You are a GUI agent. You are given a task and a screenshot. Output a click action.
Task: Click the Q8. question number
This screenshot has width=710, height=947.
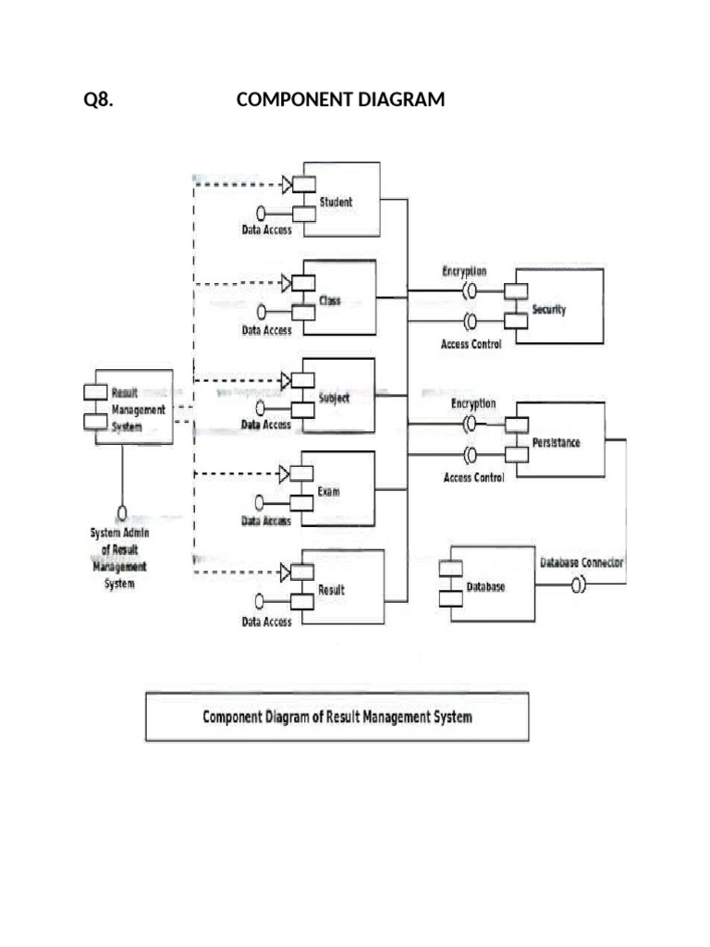99,100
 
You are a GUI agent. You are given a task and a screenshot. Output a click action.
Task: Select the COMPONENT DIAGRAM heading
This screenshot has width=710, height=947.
340,100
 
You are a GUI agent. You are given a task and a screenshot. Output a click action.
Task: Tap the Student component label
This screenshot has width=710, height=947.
336,202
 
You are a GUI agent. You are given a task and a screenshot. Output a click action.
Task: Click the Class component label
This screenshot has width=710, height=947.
330,301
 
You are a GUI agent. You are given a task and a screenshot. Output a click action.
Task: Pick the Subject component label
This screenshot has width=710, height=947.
334,399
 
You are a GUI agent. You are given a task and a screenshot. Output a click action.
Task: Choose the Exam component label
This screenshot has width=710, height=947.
328,491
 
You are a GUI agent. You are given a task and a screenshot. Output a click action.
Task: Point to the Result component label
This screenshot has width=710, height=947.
331,589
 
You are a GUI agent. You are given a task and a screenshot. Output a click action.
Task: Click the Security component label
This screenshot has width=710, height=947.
548,310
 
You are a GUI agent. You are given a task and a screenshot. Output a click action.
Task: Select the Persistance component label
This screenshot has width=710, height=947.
556,443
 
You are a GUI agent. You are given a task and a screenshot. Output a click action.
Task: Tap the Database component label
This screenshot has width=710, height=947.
485,588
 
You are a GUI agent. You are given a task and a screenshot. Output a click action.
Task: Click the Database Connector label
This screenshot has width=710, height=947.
581,561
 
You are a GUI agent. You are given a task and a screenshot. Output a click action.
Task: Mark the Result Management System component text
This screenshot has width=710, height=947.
138,410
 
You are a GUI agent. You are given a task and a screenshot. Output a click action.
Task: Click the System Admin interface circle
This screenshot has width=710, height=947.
121,512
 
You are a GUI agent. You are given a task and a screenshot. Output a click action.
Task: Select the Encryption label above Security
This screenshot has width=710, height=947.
464,271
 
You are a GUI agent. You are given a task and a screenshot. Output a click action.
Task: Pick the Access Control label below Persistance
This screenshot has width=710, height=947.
473,478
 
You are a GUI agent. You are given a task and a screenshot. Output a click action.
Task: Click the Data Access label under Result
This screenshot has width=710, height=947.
266,622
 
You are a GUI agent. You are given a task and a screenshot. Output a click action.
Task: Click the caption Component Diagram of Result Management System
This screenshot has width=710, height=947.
337,717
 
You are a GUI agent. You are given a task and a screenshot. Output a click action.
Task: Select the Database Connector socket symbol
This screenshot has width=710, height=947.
578,584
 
